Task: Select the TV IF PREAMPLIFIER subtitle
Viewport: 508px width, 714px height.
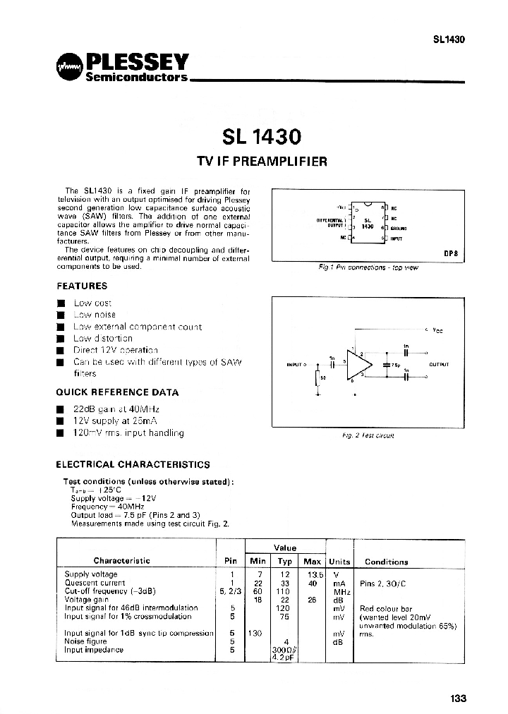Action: tap(261, 161)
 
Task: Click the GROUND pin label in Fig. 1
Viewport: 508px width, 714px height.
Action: tap(399, 228)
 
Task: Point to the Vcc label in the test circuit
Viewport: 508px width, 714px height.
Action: tap(437, 330)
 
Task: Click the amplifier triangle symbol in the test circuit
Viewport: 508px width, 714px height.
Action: tap(360, 365)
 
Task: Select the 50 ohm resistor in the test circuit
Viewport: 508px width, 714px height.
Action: tap(318, 377)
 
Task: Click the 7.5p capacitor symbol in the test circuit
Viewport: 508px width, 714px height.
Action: tap(387, 365)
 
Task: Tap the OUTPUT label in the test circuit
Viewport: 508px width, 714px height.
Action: tap(439, 365)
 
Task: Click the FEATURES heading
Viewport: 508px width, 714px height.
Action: tap(82, 286)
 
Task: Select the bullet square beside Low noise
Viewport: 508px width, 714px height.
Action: tap(61, 315)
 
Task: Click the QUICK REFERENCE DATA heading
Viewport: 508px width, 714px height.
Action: tap(117, 392)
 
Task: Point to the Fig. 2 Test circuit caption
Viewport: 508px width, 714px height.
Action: tap(368, 436)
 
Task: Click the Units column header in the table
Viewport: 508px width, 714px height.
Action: tap(339, 562)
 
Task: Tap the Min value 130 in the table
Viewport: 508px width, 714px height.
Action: tap(255, 633)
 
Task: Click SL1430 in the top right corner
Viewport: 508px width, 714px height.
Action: tap(449, 40)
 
